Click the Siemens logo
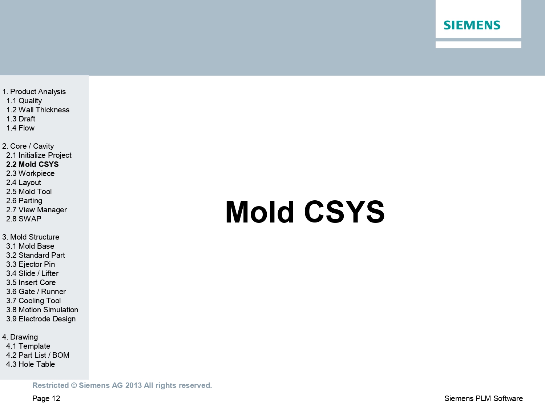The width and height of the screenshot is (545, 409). coord(472,25)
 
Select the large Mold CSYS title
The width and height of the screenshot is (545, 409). coord(304,212)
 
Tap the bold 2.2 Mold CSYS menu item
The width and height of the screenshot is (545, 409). coord(33,164)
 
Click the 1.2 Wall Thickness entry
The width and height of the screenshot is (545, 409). coord(38,110)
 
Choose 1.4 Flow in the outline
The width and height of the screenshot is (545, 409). coord(20,128)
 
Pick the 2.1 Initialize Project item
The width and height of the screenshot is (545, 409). coord(39,155)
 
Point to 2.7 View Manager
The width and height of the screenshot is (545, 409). coord(36,210)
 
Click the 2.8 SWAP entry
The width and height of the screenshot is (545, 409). coord(24,219)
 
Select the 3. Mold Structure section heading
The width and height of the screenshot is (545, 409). coord(31,237)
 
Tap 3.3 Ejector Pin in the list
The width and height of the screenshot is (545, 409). coord(31,264)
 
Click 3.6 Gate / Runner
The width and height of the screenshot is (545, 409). coord(36,292)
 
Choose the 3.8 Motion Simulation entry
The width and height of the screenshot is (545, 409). coord(42,310)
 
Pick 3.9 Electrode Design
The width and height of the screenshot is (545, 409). coord(41,319)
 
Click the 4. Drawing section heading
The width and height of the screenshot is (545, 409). coord(20,337)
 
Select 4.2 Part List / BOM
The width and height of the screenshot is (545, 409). coord(38,355)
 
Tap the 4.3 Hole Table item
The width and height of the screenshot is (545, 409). coord(31,364)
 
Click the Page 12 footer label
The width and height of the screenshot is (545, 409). coord(46,398)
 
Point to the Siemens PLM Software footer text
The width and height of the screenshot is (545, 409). coord(484,398)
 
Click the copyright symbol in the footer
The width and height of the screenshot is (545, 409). coord(74,385)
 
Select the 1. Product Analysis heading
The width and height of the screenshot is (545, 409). coord(34,92)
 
